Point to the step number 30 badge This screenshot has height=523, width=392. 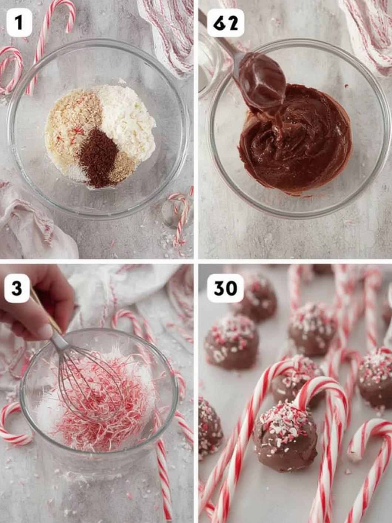click(x=225, y=289)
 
